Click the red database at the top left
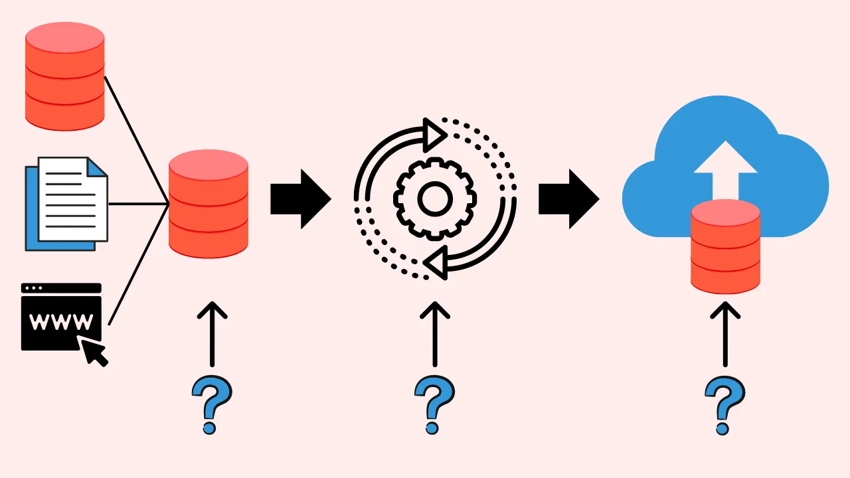click(x=64, y=76)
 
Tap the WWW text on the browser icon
click(x=62, y=323)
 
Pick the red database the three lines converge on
click(x=209, y=204)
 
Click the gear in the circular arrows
click(x=435, y=197)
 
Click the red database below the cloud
click(x=725, y=246)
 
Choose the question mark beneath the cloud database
click(x=724, y=405)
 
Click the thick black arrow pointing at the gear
click(x=300, y=199)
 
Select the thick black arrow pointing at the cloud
click(x=568, y=199)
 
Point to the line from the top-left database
click(x=136, y=139)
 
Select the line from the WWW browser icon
click(x=136, y=266)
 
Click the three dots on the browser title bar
click(x=33, y=289)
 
